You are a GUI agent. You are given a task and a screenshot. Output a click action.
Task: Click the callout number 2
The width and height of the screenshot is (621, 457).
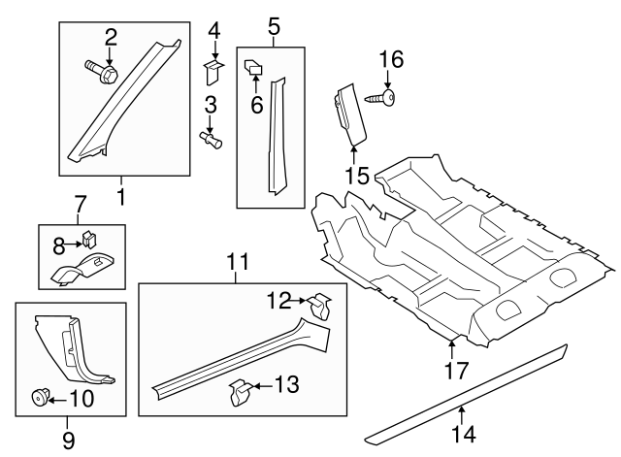click(x=111, y=37)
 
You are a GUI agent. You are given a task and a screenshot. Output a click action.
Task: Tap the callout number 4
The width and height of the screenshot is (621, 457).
click(x=214, y=29)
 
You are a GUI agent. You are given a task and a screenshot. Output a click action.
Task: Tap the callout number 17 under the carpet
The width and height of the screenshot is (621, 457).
click(x=455, y=370)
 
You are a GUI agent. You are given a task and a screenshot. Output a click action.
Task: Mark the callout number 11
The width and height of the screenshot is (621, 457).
click(x=238, y=261)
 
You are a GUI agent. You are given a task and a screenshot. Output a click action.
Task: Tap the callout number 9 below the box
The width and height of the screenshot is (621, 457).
click(x=68, y=440)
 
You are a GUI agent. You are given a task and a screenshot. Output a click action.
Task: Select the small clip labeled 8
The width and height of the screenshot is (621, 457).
click(x=87, y=236)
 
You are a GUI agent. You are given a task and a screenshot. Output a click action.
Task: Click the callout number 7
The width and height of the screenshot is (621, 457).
click(x=81, y=205)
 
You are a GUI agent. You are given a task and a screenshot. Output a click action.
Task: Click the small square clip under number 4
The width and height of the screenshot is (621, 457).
click(x=214, y=67)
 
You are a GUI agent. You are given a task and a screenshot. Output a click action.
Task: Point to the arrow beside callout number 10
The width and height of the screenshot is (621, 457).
click(x=55, y=397)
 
